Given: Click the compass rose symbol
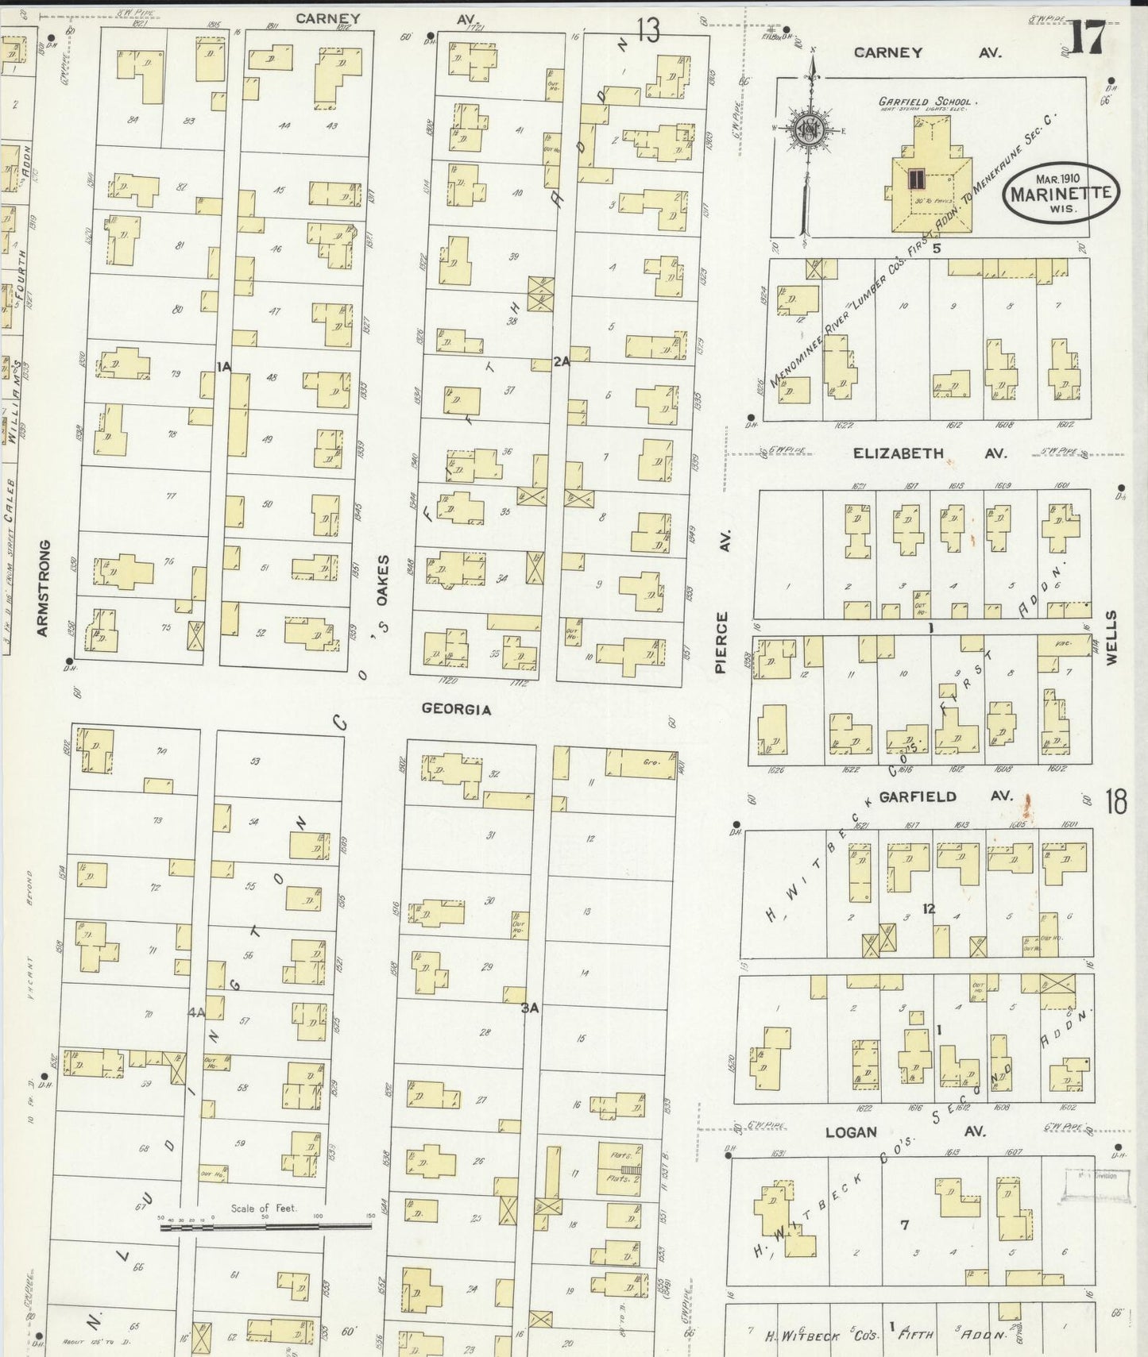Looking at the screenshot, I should point(810,131).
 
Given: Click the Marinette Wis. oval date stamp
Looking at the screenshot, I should point(1061,193).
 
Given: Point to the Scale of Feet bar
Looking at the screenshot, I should point(265,1227).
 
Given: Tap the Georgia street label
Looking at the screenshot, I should point(456,708).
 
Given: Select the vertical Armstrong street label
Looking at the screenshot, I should point(43,588).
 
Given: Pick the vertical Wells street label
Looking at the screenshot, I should point(1111,637).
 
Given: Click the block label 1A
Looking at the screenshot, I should point(223,366).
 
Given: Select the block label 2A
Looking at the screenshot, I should point(562,361).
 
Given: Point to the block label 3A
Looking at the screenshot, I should point(530,1008).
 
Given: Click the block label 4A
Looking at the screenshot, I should point(196,1012).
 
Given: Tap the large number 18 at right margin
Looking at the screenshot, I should point(1115,802).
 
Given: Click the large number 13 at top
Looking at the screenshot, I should point(647,31).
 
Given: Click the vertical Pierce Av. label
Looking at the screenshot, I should point(722,603).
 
